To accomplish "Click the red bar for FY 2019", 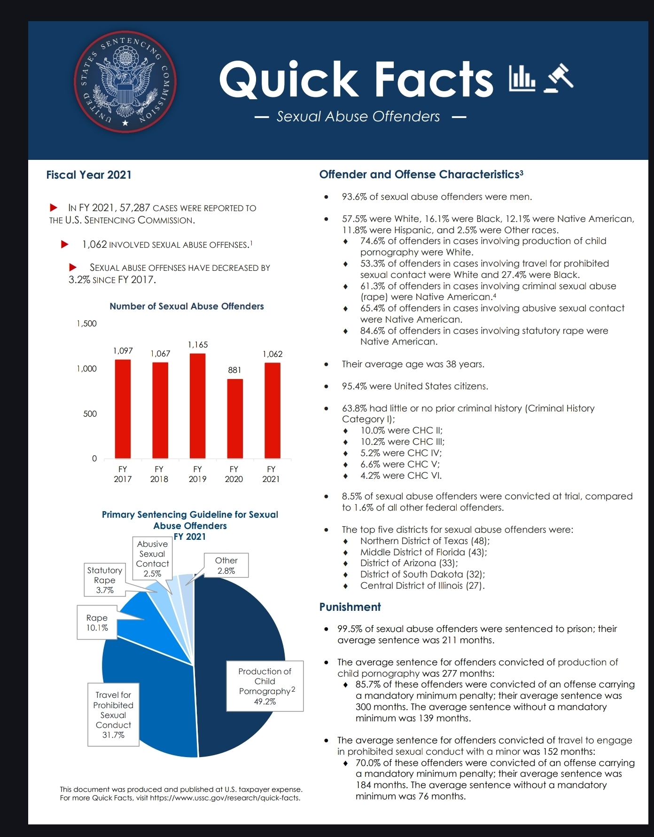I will tap(197, 406).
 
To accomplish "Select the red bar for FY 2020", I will tap(235, 418).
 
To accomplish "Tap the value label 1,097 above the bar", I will tap(123, 351).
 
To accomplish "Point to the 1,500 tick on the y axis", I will tap(87, 324).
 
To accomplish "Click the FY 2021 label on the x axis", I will tap(271, 474).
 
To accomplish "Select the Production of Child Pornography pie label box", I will tap(265, 686).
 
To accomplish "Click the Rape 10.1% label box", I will tap(97, 623).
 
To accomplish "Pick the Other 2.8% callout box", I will tap(226, 565).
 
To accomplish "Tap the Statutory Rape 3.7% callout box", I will tap(105, 580).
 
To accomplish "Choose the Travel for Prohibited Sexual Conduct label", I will tap(113, 714).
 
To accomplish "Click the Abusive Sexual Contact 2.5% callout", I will tap(152, 558).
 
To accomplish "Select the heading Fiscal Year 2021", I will tap(89, 175).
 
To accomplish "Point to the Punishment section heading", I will tap(350, 607).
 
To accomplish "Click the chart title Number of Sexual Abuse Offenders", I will tap(187, 306).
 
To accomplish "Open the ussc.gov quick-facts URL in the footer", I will tap(225, 798).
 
